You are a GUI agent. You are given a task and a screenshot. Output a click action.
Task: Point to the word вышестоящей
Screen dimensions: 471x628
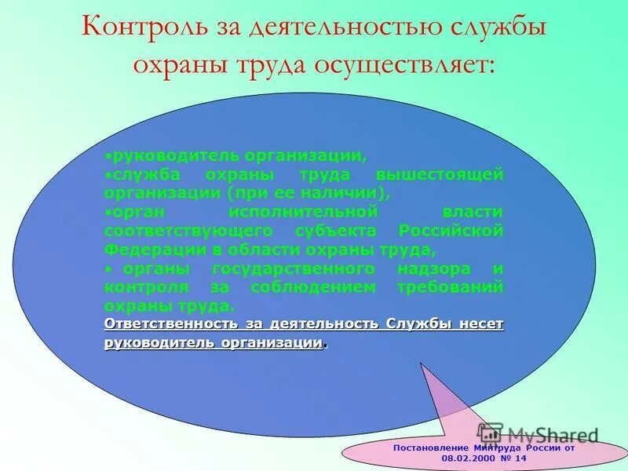(440, 173)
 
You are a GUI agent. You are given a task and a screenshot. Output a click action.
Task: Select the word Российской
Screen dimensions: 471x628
(451, 231)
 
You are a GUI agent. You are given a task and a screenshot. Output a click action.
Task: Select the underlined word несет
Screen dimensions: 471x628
(480, 323)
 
